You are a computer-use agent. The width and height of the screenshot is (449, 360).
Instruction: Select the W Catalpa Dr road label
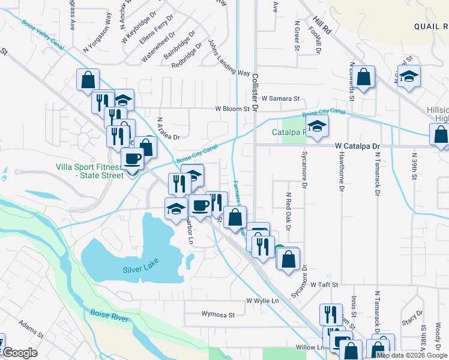[358, 146]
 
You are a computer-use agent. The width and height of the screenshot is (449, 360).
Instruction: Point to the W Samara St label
[280, 98]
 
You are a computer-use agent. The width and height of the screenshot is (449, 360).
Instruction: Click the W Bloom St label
[232, 109]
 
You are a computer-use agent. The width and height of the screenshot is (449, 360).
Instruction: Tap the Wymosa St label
[218, 313]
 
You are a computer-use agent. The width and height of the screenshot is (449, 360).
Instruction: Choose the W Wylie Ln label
[263, 300]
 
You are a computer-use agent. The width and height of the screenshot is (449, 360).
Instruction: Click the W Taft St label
[325, 284]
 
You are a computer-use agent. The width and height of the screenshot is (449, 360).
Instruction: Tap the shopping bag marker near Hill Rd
[363, 77]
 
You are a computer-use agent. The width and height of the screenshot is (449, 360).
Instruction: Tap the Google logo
[20, 353]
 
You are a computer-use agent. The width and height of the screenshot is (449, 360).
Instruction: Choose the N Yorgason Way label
[98, 34]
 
